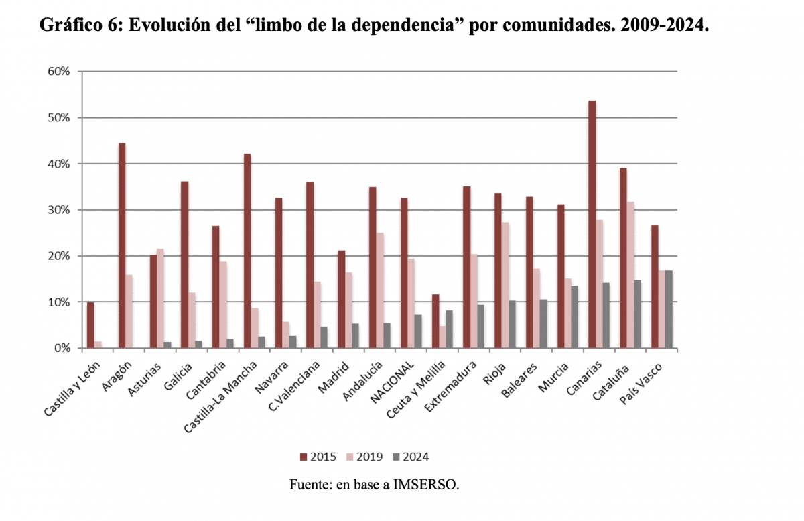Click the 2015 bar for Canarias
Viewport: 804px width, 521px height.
(592, 224)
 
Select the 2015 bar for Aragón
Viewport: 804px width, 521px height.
(122, 245)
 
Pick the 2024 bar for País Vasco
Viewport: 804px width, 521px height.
(669, 309)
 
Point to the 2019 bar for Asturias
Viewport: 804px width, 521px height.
(160, 298)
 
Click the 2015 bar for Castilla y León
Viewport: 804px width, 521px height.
(90, 325)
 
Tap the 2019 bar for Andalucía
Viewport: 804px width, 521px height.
(380, 290)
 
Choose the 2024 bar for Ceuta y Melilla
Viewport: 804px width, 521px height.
(449, 329)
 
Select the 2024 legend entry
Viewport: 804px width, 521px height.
(410, 457)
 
